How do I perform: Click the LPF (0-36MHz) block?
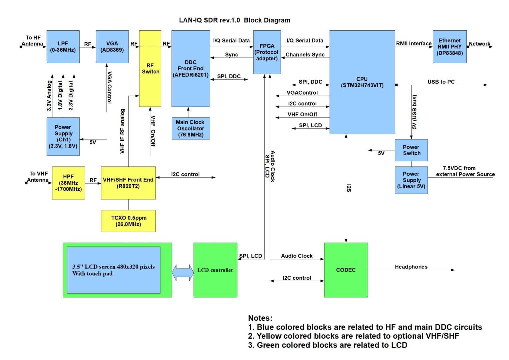(63, 47)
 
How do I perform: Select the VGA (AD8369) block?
(112, 47)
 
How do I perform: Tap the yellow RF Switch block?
(150, 69)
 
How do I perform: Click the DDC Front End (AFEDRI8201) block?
(191, 69)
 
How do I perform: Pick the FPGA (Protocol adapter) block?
(267, 52)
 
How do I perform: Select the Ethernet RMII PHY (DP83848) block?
(450, 47)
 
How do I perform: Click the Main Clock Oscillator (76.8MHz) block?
(191, 128)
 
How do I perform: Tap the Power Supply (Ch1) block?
(63, 136)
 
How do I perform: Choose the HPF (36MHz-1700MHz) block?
(68, 183)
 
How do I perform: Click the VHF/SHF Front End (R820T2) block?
(128, 183)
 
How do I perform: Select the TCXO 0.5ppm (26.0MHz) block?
(128, 221)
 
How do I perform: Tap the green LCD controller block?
(215, 270)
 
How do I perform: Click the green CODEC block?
(346, 270)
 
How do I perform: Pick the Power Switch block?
(411, 150)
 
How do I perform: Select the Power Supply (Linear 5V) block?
(411, 180)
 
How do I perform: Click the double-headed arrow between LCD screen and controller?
(183, 273)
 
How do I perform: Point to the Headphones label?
(411, 267)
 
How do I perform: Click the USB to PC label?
(441, 82)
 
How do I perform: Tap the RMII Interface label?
(414, 43)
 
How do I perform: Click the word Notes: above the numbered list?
(260, 318)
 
